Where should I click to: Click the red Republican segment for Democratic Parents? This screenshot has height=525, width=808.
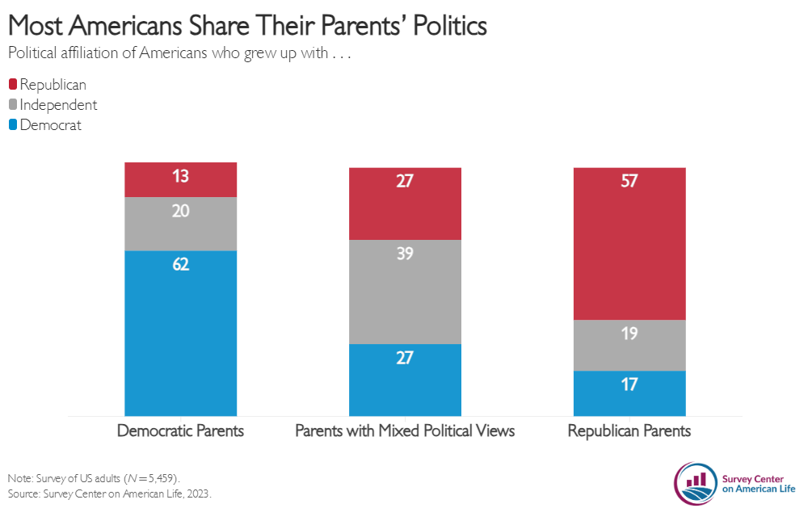(x=180, y=179)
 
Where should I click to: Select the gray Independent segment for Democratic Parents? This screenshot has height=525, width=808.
(x=180, y=224)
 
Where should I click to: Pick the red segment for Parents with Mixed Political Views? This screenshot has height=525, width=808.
(x=405, y=204)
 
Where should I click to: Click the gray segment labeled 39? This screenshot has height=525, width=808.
(x=405, y=292)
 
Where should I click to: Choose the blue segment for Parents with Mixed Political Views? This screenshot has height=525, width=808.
(x=405, y=380)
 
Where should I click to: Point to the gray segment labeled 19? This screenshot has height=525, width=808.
(x=629, y=346)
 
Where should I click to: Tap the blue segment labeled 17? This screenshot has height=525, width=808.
(x=629, y=393)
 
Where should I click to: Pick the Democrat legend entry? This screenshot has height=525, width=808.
(x=45, y=125)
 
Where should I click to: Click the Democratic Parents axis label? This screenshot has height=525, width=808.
(x=180, y=430)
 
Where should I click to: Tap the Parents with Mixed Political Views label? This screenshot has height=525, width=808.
(x=405, y=430)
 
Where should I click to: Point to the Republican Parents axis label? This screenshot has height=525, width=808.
(x=629, y=430)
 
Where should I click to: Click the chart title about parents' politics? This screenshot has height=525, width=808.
(x=247, y=26)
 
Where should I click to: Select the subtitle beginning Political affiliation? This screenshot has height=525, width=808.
(x=181, y=54)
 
